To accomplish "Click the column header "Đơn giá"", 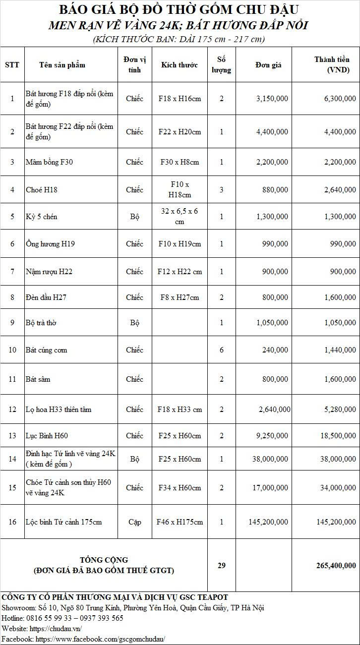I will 268,65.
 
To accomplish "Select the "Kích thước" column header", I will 179,65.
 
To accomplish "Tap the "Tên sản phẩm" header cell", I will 62,65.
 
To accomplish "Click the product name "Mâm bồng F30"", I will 49,162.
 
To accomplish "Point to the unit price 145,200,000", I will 268,522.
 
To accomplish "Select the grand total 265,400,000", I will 336,565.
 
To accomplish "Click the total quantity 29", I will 221,565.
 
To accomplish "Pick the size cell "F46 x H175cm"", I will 180,522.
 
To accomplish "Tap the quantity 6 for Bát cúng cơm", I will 221,350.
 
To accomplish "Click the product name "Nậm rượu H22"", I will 49,272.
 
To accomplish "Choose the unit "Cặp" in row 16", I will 134,522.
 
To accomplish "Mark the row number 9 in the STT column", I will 12,323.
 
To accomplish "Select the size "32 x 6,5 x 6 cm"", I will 180,217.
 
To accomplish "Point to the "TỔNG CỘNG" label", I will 104,560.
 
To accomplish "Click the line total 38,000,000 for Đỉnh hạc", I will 336,459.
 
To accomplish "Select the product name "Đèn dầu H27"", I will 46,297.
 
